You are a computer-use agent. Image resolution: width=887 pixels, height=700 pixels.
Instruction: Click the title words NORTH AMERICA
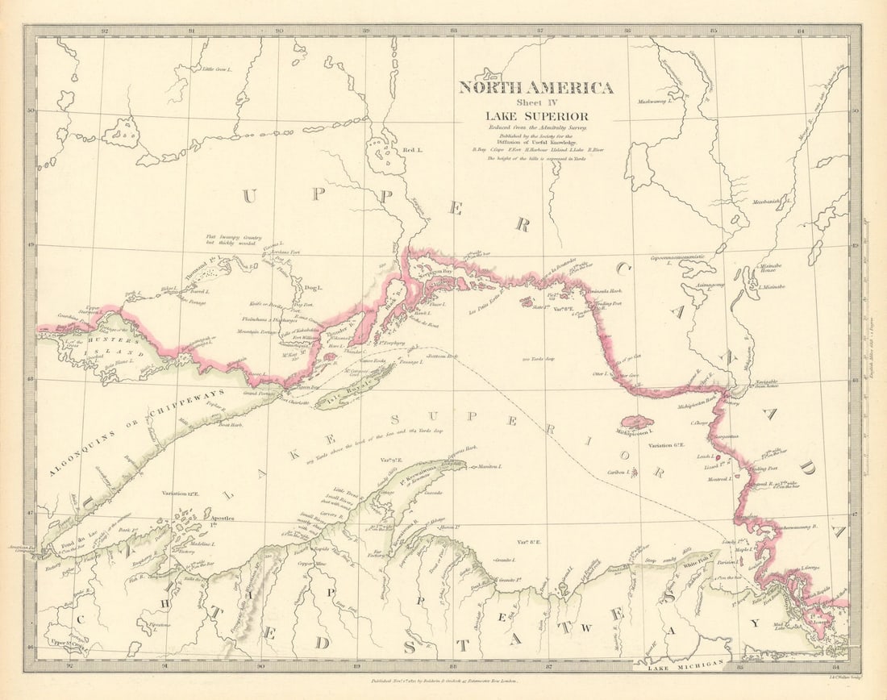pos(536,88)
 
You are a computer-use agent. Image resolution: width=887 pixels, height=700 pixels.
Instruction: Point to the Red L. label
pos(412,151)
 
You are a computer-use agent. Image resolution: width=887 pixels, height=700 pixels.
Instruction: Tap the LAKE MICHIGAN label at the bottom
pos(667,667)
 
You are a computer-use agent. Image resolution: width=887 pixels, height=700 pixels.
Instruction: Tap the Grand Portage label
pos(259,393)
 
